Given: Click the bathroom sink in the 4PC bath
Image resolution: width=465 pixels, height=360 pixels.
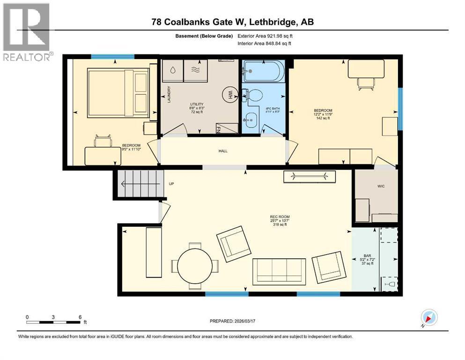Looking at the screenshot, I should pos(251,120).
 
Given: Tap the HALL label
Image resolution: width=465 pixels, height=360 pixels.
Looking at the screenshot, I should pos(223,151).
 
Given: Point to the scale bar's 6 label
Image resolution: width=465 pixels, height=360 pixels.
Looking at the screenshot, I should pos(80,316).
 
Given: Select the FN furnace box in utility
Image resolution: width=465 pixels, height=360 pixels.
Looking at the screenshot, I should pos(219,128).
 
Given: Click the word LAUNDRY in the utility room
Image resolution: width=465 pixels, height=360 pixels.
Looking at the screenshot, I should pos(169,95).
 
